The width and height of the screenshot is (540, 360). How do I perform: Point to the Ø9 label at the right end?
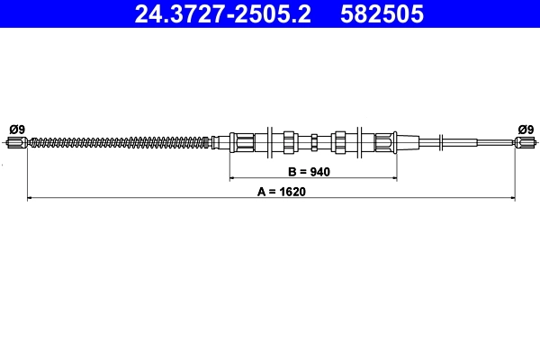[x=525, y=128]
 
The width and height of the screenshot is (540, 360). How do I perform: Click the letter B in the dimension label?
[x=292, y=171]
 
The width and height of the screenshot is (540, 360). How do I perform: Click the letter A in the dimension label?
[x=260, y=191]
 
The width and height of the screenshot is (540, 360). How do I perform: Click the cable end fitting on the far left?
[x=16, y=141]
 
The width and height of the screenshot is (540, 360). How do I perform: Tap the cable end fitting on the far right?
[x=526, y=141]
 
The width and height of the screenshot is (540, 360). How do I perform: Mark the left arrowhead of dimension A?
[x=31, y=197]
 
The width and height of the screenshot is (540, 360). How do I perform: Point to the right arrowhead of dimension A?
[x=511, y=197]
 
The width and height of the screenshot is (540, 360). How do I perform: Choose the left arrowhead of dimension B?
[x=232, y=178]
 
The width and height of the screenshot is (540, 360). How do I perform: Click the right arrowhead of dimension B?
[x=393, y=178]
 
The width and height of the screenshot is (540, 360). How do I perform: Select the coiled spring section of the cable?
[x=117, y=141]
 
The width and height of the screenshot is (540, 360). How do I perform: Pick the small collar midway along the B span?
[x=313, y=141]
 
